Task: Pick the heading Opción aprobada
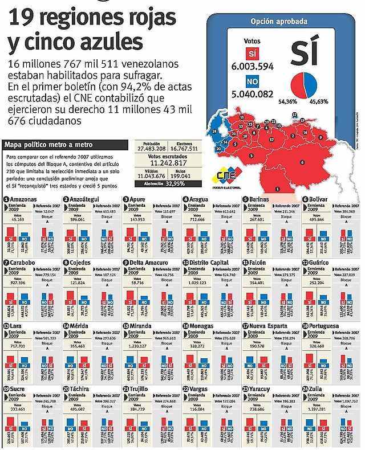pyautogui.click(x=279, y=22)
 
